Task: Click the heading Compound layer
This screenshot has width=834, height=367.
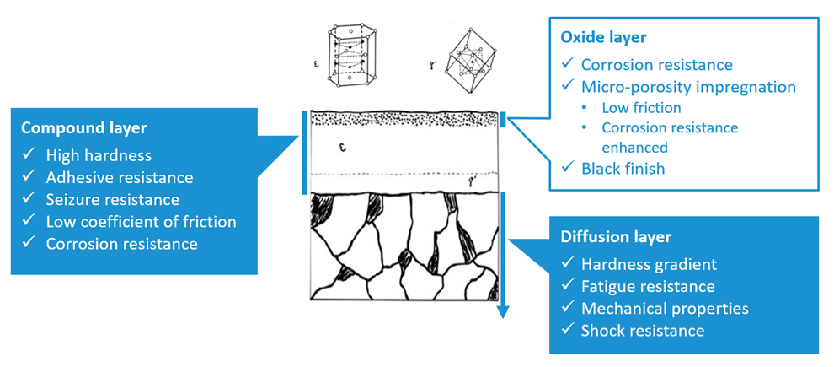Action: click(83, 129)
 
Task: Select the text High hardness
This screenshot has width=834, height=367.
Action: click(98, 155)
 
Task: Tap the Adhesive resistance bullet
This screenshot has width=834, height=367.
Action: click(119, 177)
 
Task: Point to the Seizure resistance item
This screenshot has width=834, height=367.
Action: click(112, 200)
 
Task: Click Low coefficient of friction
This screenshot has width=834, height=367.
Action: click(141, 222)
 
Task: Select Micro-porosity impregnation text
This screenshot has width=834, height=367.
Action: click(688, 86)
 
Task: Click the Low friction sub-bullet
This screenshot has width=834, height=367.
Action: click(641, 107)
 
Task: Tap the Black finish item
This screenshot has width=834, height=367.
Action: click(623, 169)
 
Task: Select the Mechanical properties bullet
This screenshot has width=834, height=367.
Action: click(664, 308)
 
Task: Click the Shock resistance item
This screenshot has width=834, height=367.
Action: click(642, 330)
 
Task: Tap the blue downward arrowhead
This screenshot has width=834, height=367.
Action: click(503, 311)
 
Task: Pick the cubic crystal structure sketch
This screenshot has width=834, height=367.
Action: click(462, 60)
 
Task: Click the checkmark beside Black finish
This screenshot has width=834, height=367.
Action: click(568, 169)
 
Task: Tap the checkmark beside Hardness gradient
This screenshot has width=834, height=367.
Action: click(568, 264)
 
